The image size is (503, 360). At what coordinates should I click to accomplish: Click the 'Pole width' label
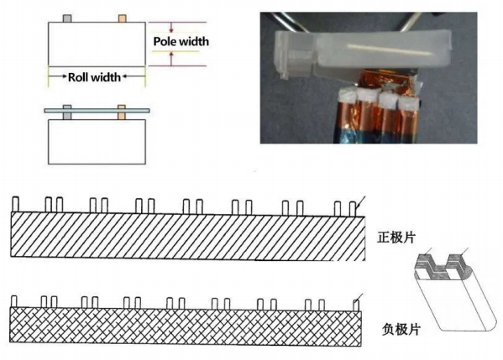(x=181, y=41)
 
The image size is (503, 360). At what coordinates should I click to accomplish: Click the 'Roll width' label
(x=94, y=77)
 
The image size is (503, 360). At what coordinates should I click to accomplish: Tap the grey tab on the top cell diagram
(x=67, y=18)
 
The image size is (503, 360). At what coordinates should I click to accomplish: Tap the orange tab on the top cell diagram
(x=123, y=18)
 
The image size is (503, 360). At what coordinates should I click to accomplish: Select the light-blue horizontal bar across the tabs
(x=97, y=111)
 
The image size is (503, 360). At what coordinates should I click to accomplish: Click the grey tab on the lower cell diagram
(x=67, y=112)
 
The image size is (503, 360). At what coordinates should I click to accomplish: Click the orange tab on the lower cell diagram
(x=122, y=112)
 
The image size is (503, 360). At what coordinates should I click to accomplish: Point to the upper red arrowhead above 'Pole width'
(x=171, y=30)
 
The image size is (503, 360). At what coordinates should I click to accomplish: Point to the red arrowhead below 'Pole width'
(x=171, y=55)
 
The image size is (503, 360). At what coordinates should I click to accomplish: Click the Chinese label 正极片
(x=396, y=237)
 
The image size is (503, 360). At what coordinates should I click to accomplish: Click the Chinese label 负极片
(x=401, y=329)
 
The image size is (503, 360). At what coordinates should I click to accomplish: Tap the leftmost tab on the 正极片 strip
(x=15, y=204)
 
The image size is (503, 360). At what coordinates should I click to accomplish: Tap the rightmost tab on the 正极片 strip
(x=353, y=209)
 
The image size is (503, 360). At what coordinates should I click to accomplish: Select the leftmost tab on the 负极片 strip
(x=13, y=301)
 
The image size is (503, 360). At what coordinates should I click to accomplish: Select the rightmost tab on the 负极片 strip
(x=356, y=305)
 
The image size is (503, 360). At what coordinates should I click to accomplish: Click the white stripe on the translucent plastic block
(x=389, y=49)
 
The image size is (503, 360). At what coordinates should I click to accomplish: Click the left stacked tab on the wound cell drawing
(x=424, y=261)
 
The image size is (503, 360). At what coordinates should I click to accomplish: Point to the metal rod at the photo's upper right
(x=411, y=22)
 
